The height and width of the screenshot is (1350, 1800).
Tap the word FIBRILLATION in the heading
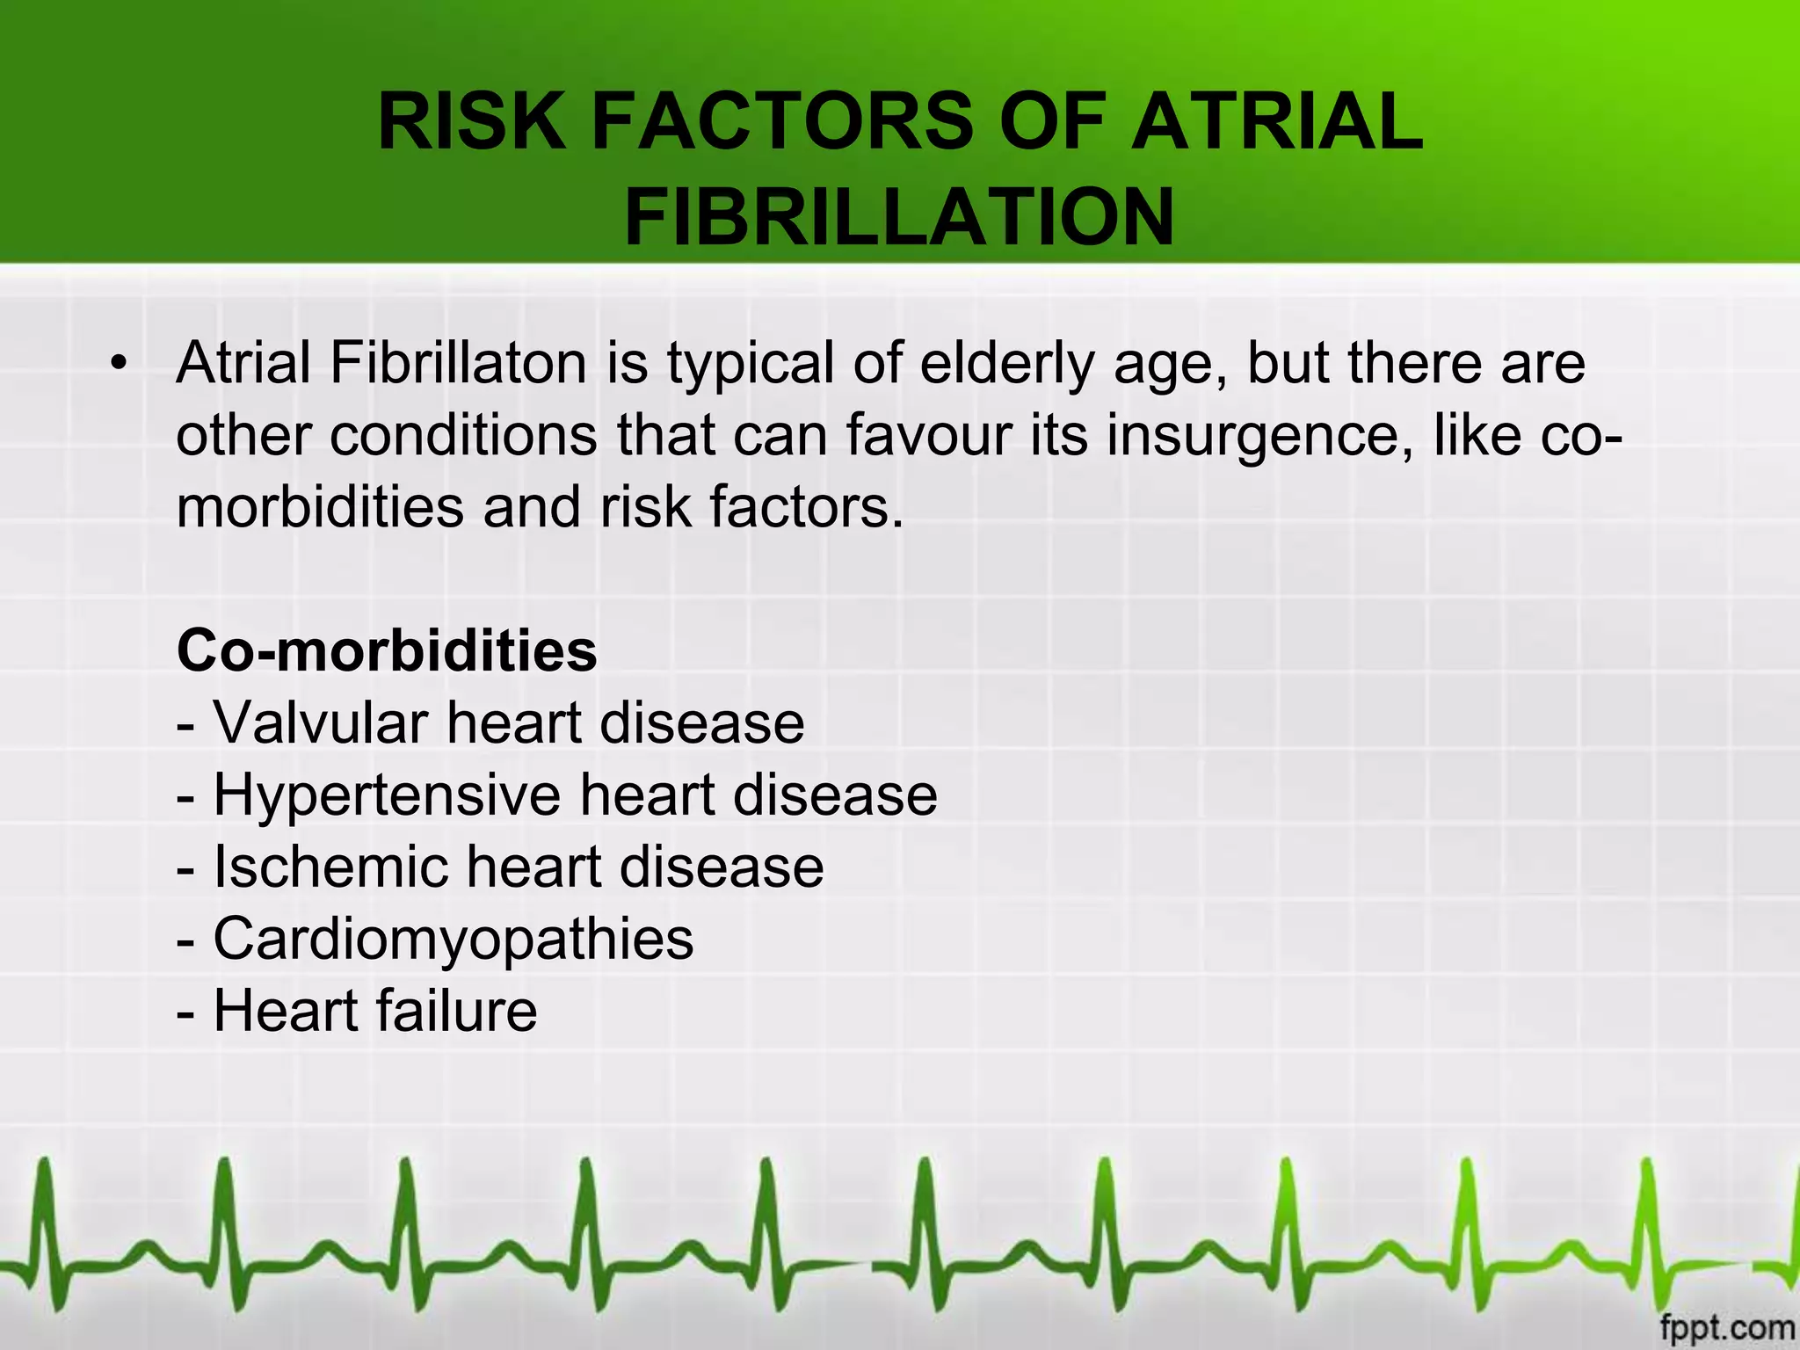(899, 217)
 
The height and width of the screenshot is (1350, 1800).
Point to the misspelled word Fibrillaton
(458, 363)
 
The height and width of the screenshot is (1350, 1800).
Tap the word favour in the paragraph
(928, 435)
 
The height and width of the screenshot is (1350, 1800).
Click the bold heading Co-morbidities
(387, 651)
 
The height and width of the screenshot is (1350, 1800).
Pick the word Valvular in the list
(322, 723)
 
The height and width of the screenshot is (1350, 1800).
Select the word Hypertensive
(387, 795)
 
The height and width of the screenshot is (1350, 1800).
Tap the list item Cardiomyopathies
(453, 940)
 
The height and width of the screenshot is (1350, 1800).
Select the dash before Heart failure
(185, 1013)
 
